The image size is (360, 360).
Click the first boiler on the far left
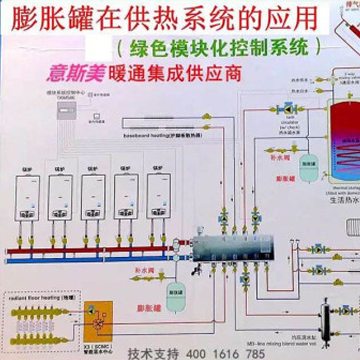[x=27, y=197]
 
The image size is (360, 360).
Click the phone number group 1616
[x=225, y=354]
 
